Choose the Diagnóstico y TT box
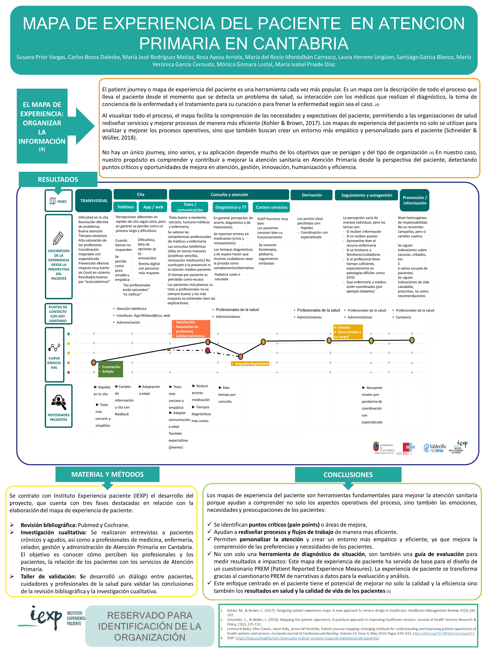(231, 207)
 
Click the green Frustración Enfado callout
(110, 369)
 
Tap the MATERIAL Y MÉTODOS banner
(107, 474)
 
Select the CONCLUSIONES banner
(348, 474)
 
